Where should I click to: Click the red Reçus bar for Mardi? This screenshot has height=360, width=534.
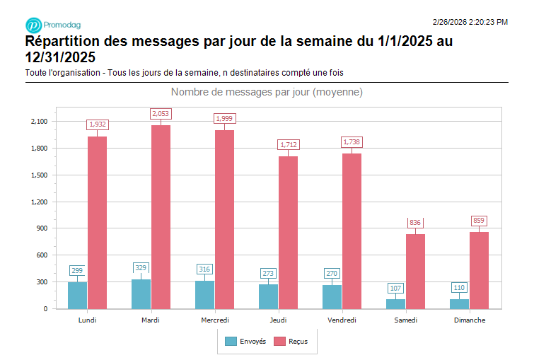click(161, 217)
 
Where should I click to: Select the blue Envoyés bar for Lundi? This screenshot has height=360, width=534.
click(77, 296)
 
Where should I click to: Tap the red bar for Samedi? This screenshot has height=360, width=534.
click(415, 272)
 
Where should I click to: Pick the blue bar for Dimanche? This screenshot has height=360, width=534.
click(459, 303)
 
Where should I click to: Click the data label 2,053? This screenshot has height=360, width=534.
click(161, 114)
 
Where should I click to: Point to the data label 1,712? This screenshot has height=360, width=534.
click(288, 144)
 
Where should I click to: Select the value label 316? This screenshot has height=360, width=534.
click(204, 269)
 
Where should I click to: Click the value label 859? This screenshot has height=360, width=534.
click(479, 221)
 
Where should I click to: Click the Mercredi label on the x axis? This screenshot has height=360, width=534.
click(214, 320)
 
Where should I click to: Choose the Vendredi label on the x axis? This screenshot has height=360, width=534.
click(342, 320)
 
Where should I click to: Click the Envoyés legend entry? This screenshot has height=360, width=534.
click(245, 342)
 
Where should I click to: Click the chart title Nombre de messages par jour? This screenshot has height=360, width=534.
click(267, 93)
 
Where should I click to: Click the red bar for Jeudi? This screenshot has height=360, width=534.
click(288, 232)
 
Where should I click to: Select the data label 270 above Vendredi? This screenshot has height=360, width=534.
click(332, 273)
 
